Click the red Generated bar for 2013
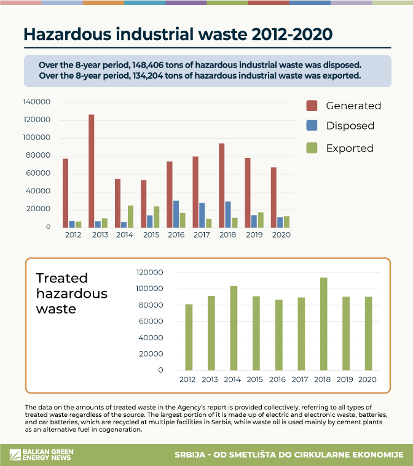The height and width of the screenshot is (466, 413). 91,171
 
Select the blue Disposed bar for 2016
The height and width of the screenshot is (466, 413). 176,214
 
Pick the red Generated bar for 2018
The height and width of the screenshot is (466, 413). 221,185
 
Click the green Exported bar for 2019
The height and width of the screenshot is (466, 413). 261,220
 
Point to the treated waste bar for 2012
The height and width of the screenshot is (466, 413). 189,337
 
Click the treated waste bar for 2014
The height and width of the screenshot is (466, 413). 234,328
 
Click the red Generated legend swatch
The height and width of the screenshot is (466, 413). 311,106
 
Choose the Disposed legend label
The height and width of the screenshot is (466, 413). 350,126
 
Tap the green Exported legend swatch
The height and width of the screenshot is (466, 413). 311,148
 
